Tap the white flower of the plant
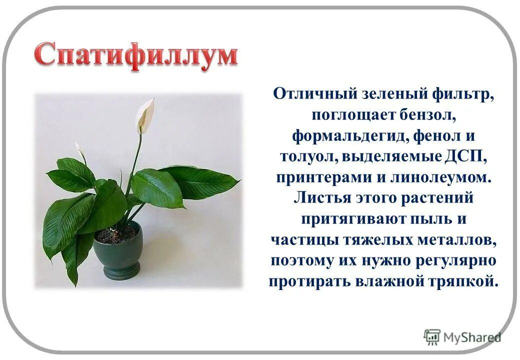pyautogui.click(x=145, y=115)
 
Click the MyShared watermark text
pyautogui.click(x=473, y=338)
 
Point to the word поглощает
pyautogui.click(x=353, y=115)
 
